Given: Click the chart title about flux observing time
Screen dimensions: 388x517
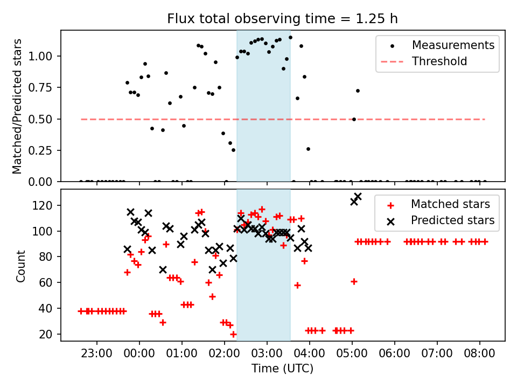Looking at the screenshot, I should click(282, 19).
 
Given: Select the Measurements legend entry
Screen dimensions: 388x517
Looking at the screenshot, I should click(453, 45).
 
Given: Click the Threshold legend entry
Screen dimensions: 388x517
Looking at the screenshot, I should click(439, 61).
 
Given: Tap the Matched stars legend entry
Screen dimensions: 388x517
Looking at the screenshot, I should click(450, 204).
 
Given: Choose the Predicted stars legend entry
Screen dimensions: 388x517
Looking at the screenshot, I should click(452, 220).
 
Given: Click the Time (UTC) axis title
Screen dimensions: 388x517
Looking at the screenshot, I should click(282, 369).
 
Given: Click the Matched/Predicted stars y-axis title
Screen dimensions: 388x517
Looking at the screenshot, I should click(18, 106).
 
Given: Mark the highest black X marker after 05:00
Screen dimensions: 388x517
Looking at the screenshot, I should click(358, 197).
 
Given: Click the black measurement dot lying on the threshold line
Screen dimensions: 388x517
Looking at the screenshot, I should click(354, 119).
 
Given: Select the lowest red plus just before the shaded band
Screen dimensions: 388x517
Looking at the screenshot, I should click(233, 334).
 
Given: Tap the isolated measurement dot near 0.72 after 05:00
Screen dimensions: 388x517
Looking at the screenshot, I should click(358, 91).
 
